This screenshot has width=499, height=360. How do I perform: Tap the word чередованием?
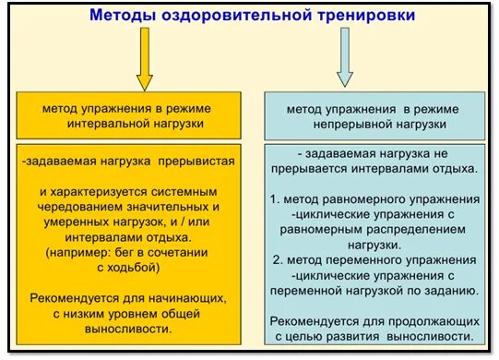pyautogui.click(x=82, y=208)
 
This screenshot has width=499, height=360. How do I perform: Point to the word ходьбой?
pyautogui.click(x=137, y=267)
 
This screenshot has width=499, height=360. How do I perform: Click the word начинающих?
pyautogui.click(x=183, y=297)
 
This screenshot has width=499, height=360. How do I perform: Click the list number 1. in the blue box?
pyautogui.click(x=275, y=199)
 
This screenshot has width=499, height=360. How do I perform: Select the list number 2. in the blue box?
pyautogui.click(x=275, y=259)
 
